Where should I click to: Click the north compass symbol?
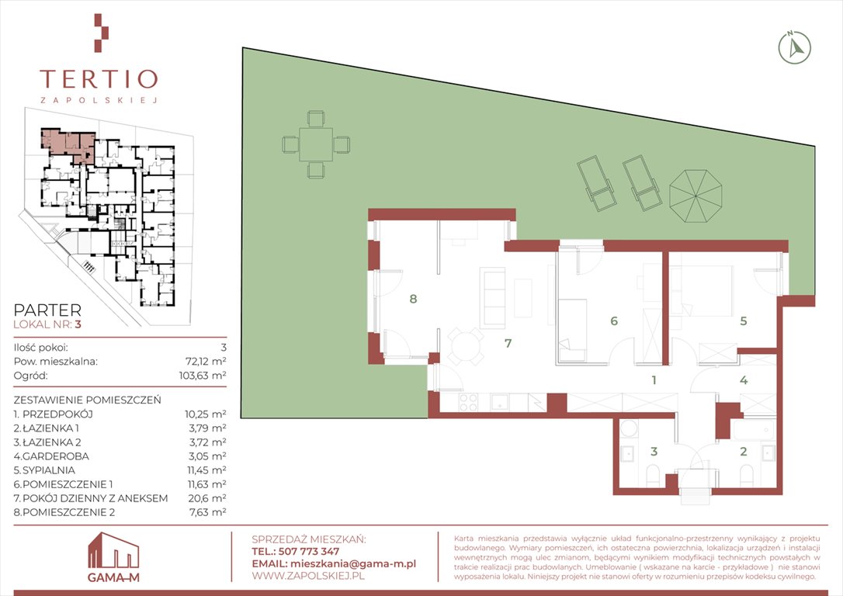point(794,48)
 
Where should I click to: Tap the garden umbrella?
point(696,196)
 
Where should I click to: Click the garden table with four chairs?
point(316,144)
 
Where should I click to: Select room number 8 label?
point(413,299)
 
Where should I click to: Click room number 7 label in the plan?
point(508,343)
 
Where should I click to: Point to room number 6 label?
point(613,321)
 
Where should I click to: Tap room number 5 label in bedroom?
point(744,321)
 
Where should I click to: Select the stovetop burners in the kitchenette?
point(468,403)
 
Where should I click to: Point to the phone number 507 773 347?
point(309,552)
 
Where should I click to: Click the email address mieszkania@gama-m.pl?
point(352,563)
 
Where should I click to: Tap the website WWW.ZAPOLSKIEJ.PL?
point(308,576)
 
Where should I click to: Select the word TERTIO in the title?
point(99,79)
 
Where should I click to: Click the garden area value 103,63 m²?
point(203,376)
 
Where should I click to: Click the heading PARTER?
point(47,310)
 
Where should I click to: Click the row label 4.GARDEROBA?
point(51,456)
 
